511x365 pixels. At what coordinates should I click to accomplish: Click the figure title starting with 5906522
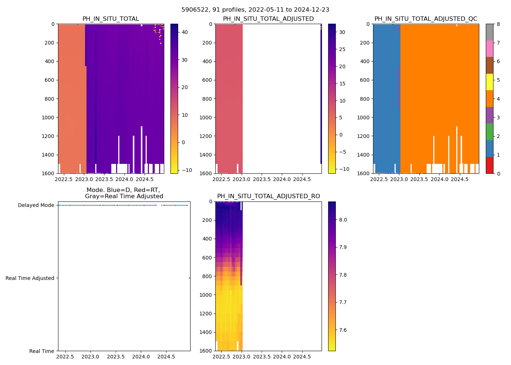tap(255, 10)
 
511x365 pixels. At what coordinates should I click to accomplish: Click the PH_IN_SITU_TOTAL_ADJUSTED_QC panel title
tap(426, 19)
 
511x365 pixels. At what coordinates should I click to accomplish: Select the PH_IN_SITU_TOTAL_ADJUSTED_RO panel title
tap(268, 196)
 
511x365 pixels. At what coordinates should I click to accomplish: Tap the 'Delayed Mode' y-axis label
tap(36, 205)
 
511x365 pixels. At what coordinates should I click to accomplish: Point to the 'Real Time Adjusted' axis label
tap(30, 278)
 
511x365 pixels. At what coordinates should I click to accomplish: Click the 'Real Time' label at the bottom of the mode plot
tap(42, 351)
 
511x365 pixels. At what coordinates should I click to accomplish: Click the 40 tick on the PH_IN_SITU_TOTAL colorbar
tap(185, 32)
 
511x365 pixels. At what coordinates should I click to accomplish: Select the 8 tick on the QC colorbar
tap(498, 24)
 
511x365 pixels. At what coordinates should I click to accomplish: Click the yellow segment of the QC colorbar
tap(489, 82)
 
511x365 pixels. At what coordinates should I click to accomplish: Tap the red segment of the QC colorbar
tap(489, 165)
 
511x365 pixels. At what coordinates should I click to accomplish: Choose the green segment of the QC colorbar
tap(489, 132)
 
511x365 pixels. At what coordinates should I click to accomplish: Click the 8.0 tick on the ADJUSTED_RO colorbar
tap(343, 220)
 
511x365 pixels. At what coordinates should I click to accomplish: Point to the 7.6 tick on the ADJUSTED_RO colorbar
tap(343, 330)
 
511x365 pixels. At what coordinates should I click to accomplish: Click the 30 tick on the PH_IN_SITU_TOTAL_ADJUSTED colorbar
tap(342, 32)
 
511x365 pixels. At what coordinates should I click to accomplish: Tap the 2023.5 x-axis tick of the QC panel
tap(419, 179)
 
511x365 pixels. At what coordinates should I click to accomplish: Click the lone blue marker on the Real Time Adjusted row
tap(189, 278)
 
